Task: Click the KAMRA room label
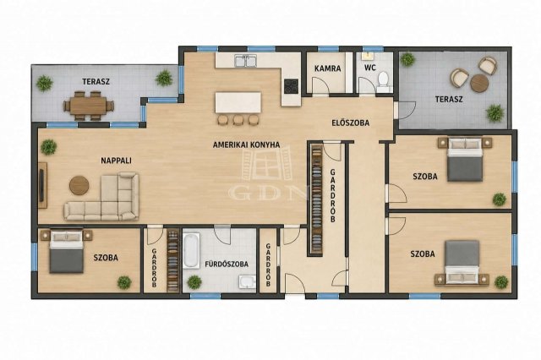327,68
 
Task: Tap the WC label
370,68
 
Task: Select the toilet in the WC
383,79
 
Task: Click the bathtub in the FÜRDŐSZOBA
191,250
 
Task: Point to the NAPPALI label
116,161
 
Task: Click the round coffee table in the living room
79,185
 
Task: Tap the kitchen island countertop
238,102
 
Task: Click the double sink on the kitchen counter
246,61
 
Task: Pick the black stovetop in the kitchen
291,86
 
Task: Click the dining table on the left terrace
88,106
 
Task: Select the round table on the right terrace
479,83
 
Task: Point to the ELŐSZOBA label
350,123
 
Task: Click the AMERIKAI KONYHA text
246,145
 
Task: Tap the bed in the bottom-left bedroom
67,252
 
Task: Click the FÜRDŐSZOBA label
227,265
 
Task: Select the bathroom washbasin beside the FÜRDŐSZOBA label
247,281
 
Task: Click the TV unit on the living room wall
42,185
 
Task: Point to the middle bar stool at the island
238,119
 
